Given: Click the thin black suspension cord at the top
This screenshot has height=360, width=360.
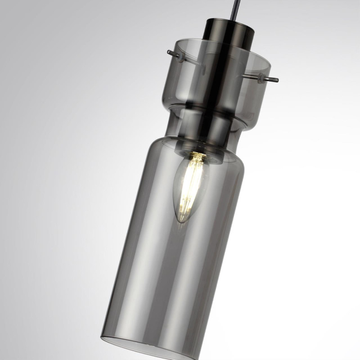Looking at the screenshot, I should tap(233, 9).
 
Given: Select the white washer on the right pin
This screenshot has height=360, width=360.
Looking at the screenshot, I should tap(261, 77).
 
